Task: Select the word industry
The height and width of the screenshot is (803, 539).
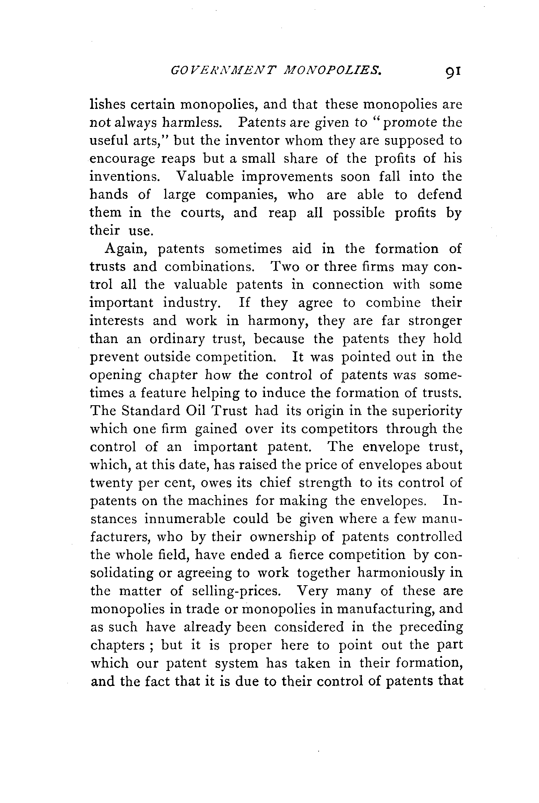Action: pos(189,303)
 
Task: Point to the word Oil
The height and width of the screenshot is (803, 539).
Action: pos(195,411)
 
